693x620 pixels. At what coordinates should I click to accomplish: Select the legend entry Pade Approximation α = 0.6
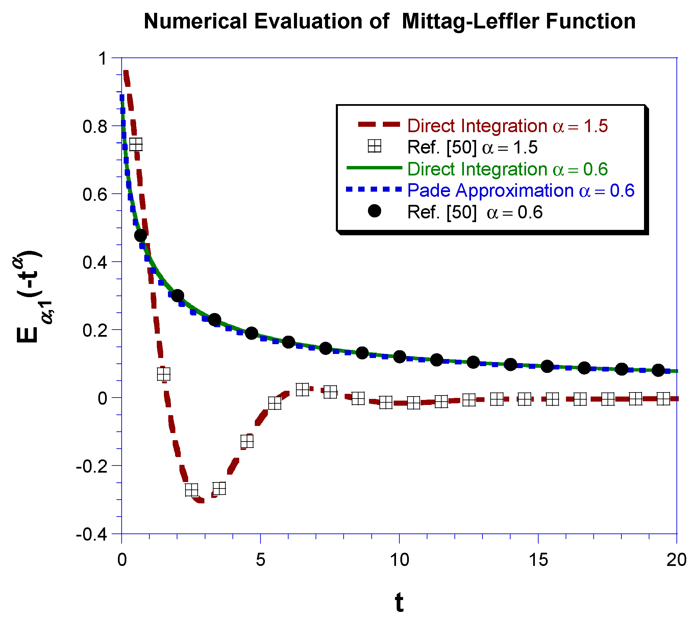point(520,190)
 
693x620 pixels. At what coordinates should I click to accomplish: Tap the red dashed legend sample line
point(378,124)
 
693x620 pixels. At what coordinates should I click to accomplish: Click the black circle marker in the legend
point(374,212)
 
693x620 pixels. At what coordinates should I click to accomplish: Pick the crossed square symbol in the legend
point(374,146)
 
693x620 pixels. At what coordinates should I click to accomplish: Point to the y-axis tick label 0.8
point(94,127)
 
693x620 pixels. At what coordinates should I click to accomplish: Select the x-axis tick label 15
point(538,560)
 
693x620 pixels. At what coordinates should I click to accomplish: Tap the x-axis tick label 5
point(260,560)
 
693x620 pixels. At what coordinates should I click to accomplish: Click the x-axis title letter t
point(399,602)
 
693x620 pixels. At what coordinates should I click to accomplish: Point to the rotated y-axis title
point(30,296)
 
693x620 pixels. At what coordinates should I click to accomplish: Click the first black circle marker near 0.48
point(140,235)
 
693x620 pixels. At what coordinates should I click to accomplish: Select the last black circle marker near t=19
point(658,370)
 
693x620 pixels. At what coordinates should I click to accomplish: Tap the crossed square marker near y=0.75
point(136,144)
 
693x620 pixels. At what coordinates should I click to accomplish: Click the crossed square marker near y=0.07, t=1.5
point(164,374)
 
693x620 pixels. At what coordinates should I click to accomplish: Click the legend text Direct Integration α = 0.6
point(508,169)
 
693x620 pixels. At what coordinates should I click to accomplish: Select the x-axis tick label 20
point(676,560)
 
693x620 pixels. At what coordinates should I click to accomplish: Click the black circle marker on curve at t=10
point(399,357)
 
